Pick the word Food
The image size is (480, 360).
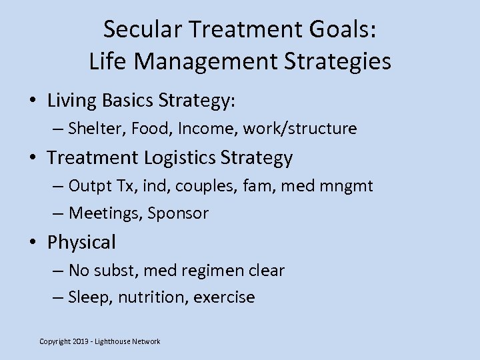pos(152,129)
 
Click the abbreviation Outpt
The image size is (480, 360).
pos(88,185)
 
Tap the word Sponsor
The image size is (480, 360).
pos(179,213)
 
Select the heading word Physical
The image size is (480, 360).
pos(81,242)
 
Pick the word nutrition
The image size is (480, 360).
pos(153,297)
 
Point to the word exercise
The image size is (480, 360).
pos(224,297)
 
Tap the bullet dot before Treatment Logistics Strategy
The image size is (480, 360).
pos(33,158)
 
